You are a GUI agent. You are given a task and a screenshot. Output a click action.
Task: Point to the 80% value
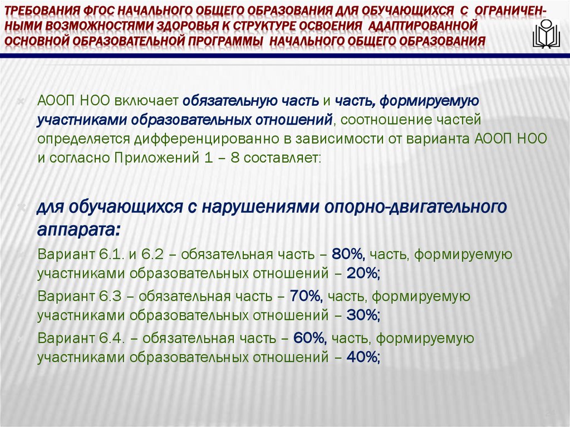coord(347,254)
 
